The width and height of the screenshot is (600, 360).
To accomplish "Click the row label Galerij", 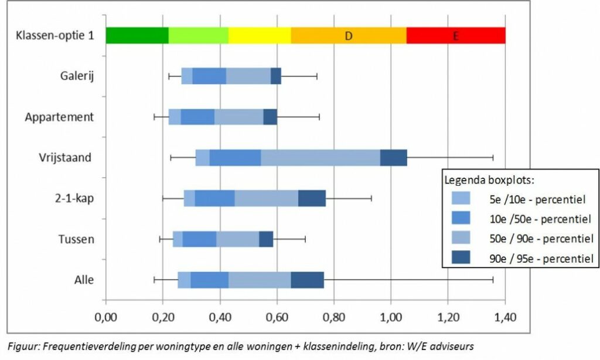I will pos(76,76).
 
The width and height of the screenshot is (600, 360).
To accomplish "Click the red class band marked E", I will pos(455,35).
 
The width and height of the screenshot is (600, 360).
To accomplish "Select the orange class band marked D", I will pos(348,35).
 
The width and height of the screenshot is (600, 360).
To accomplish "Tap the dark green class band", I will pos(137,35).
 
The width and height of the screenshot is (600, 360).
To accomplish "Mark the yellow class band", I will pos(260,35).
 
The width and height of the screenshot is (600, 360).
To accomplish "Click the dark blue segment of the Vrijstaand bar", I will pos(393,158).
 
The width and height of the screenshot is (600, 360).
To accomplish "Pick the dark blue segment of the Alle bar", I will pos(307,280).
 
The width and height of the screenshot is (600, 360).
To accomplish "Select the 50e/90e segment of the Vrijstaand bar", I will pos(320,158).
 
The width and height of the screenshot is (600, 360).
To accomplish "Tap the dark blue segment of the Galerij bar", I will pos(276,76).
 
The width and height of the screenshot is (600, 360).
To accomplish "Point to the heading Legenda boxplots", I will pos(485,179).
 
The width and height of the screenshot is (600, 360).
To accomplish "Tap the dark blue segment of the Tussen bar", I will pos(266,239).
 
